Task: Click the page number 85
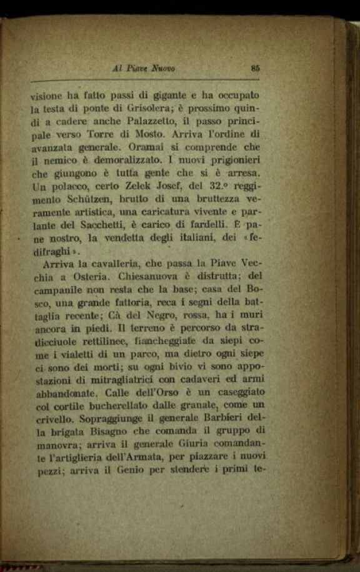255,69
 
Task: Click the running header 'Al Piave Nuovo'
143,69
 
